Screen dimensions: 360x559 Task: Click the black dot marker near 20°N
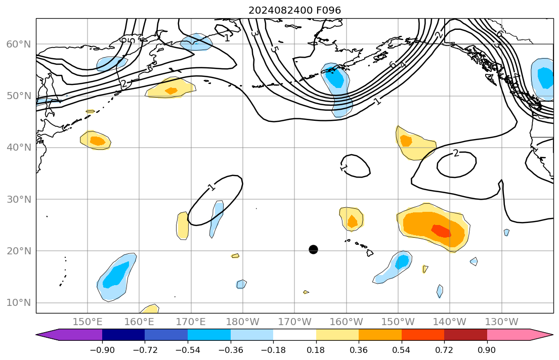(x=313, y=249)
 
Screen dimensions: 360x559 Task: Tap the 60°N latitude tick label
(x=18, y=44)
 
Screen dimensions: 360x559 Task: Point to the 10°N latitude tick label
(x=18, y=303)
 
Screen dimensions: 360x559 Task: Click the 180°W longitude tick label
(x=243, y=322)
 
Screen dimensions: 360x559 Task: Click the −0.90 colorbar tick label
(x=102, y=350)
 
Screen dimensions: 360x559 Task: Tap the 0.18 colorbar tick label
(x=316, y=350)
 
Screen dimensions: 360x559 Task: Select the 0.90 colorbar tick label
(x=487, y=350)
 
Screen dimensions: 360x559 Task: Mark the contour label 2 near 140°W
(x=456, y=153)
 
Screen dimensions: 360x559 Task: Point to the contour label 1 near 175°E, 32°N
(x=211, y=188)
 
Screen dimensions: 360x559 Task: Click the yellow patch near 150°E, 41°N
(x=96, y=140)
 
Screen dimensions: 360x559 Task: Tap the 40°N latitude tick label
(x=18, y=148)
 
